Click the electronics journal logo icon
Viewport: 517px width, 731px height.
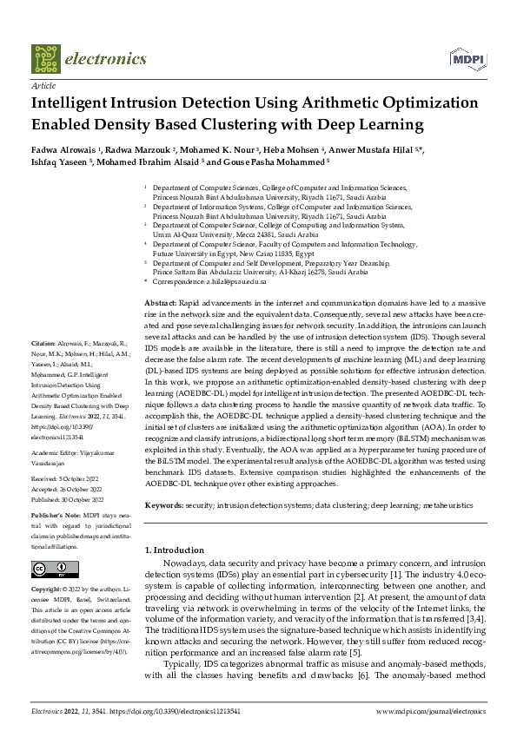(x=49, y=58)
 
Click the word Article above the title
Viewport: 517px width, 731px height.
(x=43, y=87)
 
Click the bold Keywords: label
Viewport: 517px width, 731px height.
(x=165, y=504)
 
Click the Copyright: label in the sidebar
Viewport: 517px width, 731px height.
(x=48, y=589)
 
